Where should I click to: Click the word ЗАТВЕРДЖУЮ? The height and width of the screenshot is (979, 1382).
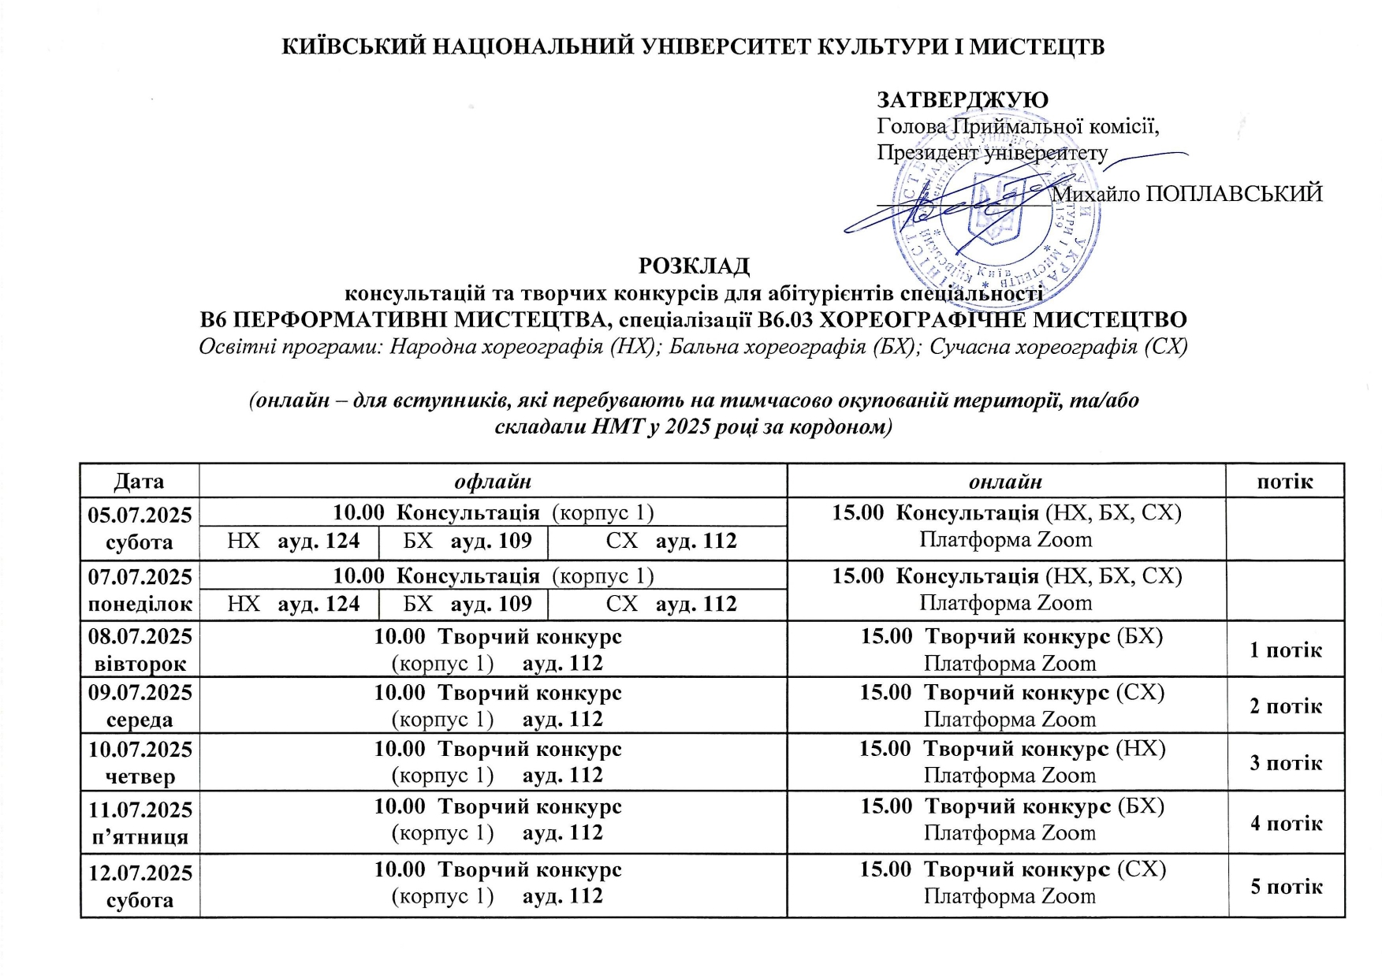pos(962,100)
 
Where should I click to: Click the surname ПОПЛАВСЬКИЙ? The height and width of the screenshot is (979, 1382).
pos(1233,194)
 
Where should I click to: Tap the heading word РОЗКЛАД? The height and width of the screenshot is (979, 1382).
pos(693,266)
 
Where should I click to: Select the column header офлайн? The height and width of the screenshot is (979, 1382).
pos(493,481)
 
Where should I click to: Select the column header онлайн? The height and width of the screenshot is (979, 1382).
pos(1005,481)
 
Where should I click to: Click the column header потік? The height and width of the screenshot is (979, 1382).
pos(1284,481)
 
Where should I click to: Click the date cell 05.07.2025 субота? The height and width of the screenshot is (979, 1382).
pos(140,528)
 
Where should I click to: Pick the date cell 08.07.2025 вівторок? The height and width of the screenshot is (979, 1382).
pos(140,649)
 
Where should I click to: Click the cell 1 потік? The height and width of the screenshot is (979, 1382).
pos(1285,650)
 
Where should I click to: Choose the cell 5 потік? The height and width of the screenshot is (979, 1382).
pos(1285,886)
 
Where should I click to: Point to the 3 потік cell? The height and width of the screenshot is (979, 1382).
pos(1285,762)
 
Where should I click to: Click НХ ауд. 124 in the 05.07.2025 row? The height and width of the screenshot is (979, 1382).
pos(293,541)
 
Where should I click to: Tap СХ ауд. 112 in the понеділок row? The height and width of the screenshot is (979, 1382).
pos(671,604)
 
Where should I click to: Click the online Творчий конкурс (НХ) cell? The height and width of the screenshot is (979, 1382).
pos(1011,748)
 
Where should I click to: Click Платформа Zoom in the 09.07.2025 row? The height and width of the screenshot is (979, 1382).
pos(1009,720)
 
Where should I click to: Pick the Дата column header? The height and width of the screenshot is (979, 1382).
pos(140,481)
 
